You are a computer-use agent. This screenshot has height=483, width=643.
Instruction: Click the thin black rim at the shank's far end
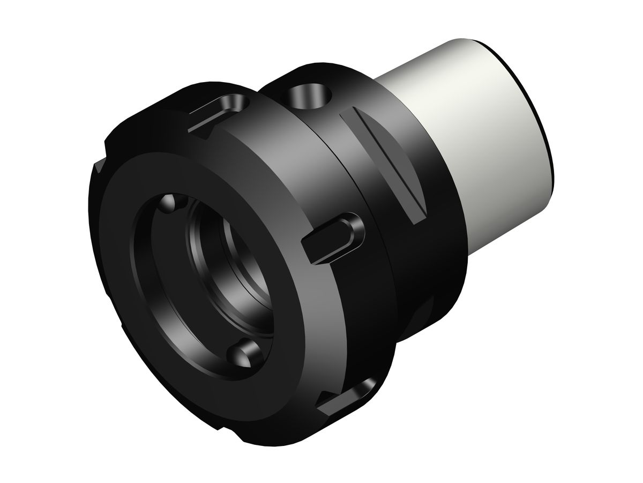coord(541,123)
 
